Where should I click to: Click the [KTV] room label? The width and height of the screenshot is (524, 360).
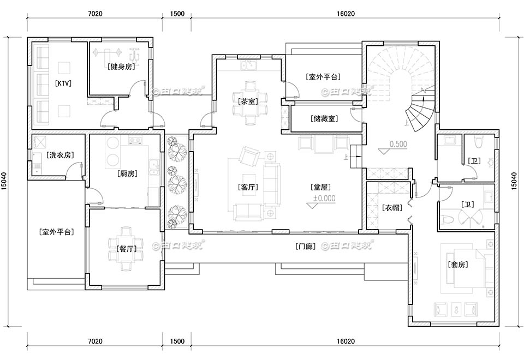tap(64, 83)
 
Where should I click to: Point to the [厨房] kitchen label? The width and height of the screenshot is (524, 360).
tap(127, 174)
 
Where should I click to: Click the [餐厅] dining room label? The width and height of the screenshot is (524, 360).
tap(126, 249)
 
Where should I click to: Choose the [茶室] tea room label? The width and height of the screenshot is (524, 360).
tap(248, 101)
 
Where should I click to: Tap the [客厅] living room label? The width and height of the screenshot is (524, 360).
tap(248, 187)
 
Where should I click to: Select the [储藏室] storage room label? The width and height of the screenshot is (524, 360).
tap(324, 118)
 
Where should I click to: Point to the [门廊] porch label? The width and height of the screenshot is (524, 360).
tap(305, 246)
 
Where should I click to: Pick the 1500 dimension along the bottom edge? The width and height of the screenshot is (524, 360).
tap(177, 341)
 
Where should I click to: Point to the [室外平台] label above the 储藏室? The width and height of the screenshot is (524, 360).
tap(324, 77)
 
